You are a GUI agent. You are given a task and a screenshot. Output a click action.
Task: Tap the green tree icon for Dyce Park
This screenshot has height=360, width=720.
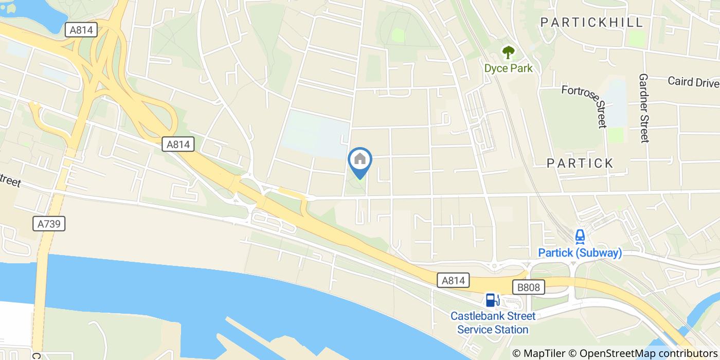(x=508, y=52)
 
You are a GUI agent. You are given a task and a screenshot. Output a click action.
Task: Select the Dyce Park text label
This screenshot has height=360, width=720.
(x=508, y=68)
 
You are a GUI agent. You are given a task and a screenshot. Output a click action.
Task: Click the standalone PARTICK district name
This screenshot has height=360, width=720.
(x=580, y=163)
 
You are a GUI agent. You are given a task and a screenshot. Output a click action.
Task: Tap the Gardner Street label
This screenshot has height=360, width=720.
(x=644, y=108)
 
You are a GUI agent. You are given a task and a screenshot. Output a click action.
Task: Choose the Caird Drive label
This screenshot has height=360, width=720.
(x=693, y=81)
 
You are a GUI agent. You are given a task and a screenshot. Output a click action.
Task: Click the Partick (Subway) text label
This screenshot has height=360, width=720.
(x=580, y=253)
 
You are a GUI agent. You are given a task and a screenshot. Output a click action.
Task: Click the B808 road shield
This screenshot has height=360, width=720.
(x=528, y=287)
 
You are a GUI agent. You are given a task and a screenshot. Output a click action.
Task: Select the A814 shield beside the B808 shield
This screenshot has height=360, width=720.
(x=454, y=280)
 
